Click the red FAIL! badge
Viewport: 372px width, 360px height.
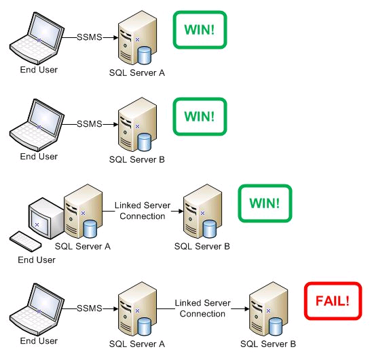(333, 299)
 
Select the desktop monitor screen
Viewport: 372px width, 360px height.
(37, 219)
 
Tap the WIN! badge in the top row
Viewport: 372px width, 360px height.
(199, 29)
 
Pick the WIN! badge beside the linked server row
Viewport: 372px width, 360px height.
(264, 203)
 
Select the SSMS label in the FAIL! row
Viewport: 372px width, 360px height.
(88, 308)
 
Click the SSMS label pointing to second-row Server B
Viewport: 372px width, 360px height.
(88, 124)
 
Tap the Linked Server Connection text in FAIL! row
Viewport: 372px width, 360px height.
(202, 308)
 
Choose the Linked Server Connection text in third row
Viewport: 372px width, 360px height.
(142, 211)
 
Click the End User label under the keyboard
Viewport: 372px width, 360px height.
(37, 260)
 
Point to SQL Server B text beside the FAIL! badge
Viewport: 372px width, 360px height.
(267, 344)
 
